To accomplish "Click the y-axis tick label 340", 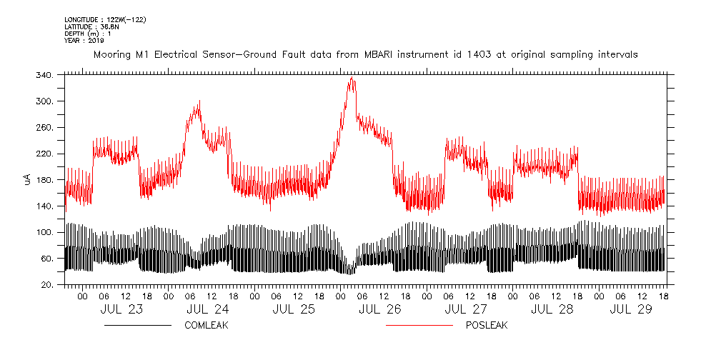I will click(x=44, y=76).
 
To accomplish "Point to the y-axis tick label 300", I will click(x=44, y=101).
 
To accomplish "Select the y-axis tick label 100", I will click(x=44, y=233).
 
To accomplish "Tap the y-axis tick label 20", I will click(x=46, y=285).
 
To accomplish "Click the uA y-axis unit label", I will click(x=27, y=179).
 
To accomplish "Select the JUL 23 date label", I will click(x=121, y=309).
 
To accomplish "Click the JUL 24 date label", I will click(x=207, y=309).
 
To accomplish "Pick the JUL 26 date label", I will click(x=379, y=309).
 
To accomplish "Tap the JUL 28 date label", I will click(x=552, y=309).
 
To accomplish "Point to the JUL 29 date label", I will click(x=638, y=309).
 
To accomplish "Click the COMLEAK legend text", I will click(x=207, y=325).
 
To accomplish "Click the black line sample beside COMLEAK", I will click(x=137, y=325).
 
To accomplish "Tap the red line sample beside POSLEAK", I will click(x=419, y=325).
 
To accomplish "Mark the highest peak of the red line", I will click(x=351, y=77).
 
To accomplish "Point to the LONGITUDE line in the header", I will click(x=105, y=19).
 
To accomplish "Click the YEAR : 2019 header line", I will click(x=84, y=41).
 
